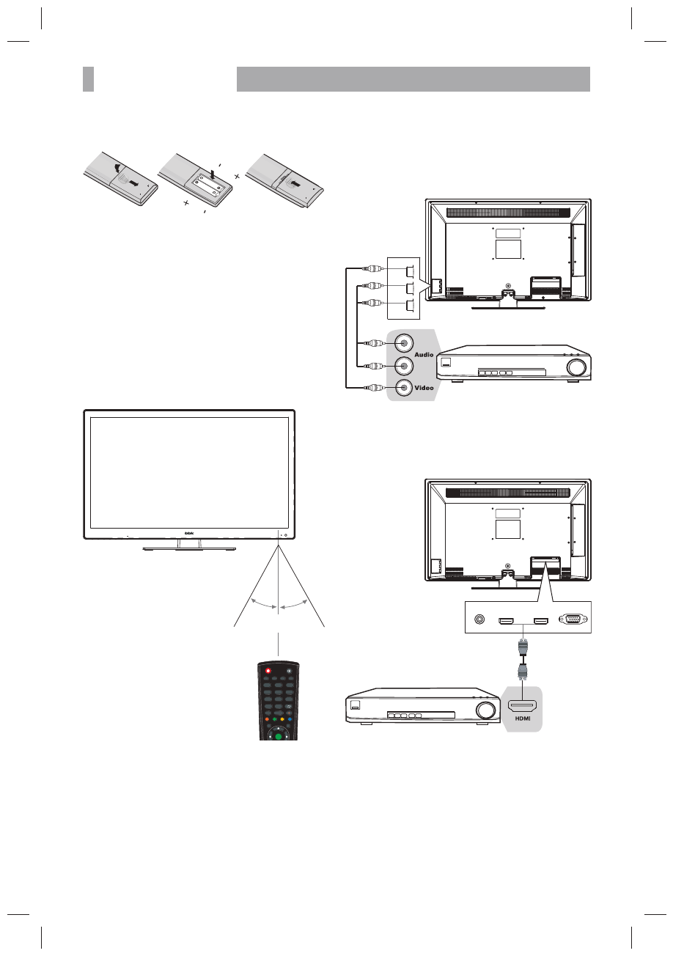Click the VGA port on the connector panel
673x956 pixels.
point(573,620)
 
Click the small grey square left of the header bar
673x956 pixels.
point(88,79)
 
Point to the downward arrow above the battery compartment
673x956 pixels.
point(212,174)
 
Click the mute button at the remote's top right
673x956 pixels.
point(290,671)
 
